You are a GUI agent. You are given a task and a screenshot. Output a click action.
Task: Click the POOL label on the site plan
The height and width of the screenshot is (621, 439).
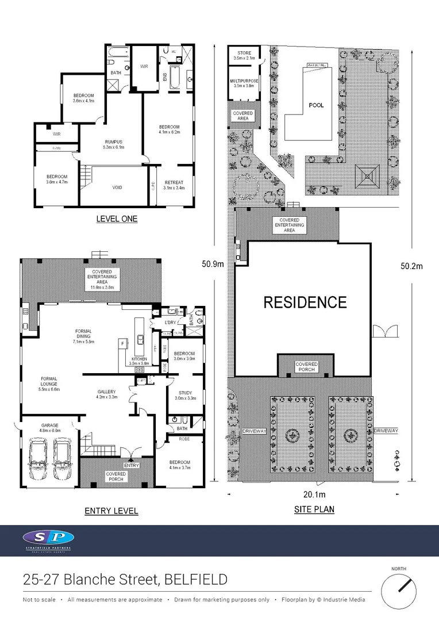point(317,105)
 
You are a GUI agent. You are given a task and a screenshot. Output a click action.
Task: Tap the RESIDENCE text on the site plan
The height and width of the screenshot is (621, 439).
point(305,302)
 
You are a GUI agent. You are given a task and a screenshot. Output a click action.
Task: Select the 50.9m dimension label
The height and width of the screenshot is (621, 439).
point(213,264)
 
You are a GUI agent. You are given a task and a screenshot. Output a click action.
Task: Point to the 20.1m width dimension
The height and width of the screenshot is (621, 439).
point(314,494)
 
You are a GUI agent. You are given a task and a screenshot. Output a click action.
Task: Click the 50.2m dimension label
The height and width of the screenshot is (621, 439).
point(411,266)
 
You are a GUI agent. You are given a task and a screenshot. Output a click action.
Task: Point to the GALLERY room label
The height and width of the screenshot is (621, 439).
point(106,394)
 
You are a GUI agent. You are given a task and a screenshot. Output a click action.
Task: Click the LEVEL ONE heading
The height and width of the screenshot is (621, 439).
point(117,219)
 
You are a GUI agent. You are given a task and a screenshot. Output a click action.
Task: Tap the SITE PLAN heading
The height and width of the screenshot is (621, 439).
point(314,509)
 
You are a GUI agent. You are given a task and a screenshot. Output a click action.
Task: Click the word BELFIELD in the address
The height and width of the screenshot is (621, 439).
point(195,579)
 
